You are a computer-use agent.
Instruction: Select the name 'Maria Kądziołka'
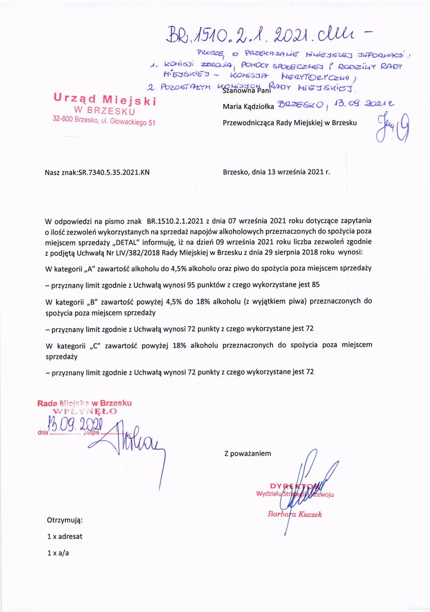248,107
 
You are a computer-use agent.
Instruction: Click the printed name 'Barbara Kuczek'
295,514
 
